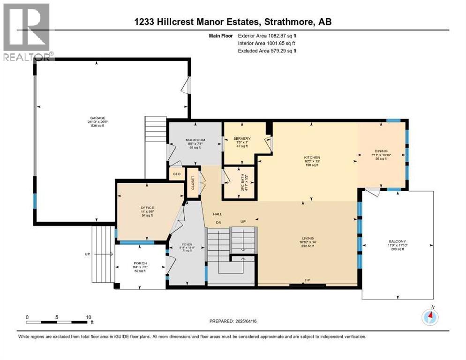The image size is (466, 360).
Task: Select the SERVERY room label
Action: point(242,139)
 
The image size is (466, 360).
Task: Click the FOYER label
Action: point(187,245)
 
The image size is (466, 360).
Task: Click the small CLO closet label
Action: point(176,174)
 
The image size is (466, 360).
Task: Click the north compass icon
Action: point(430,317)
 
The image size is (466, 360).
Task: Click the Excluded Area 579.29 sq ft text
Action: point(268,51)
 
